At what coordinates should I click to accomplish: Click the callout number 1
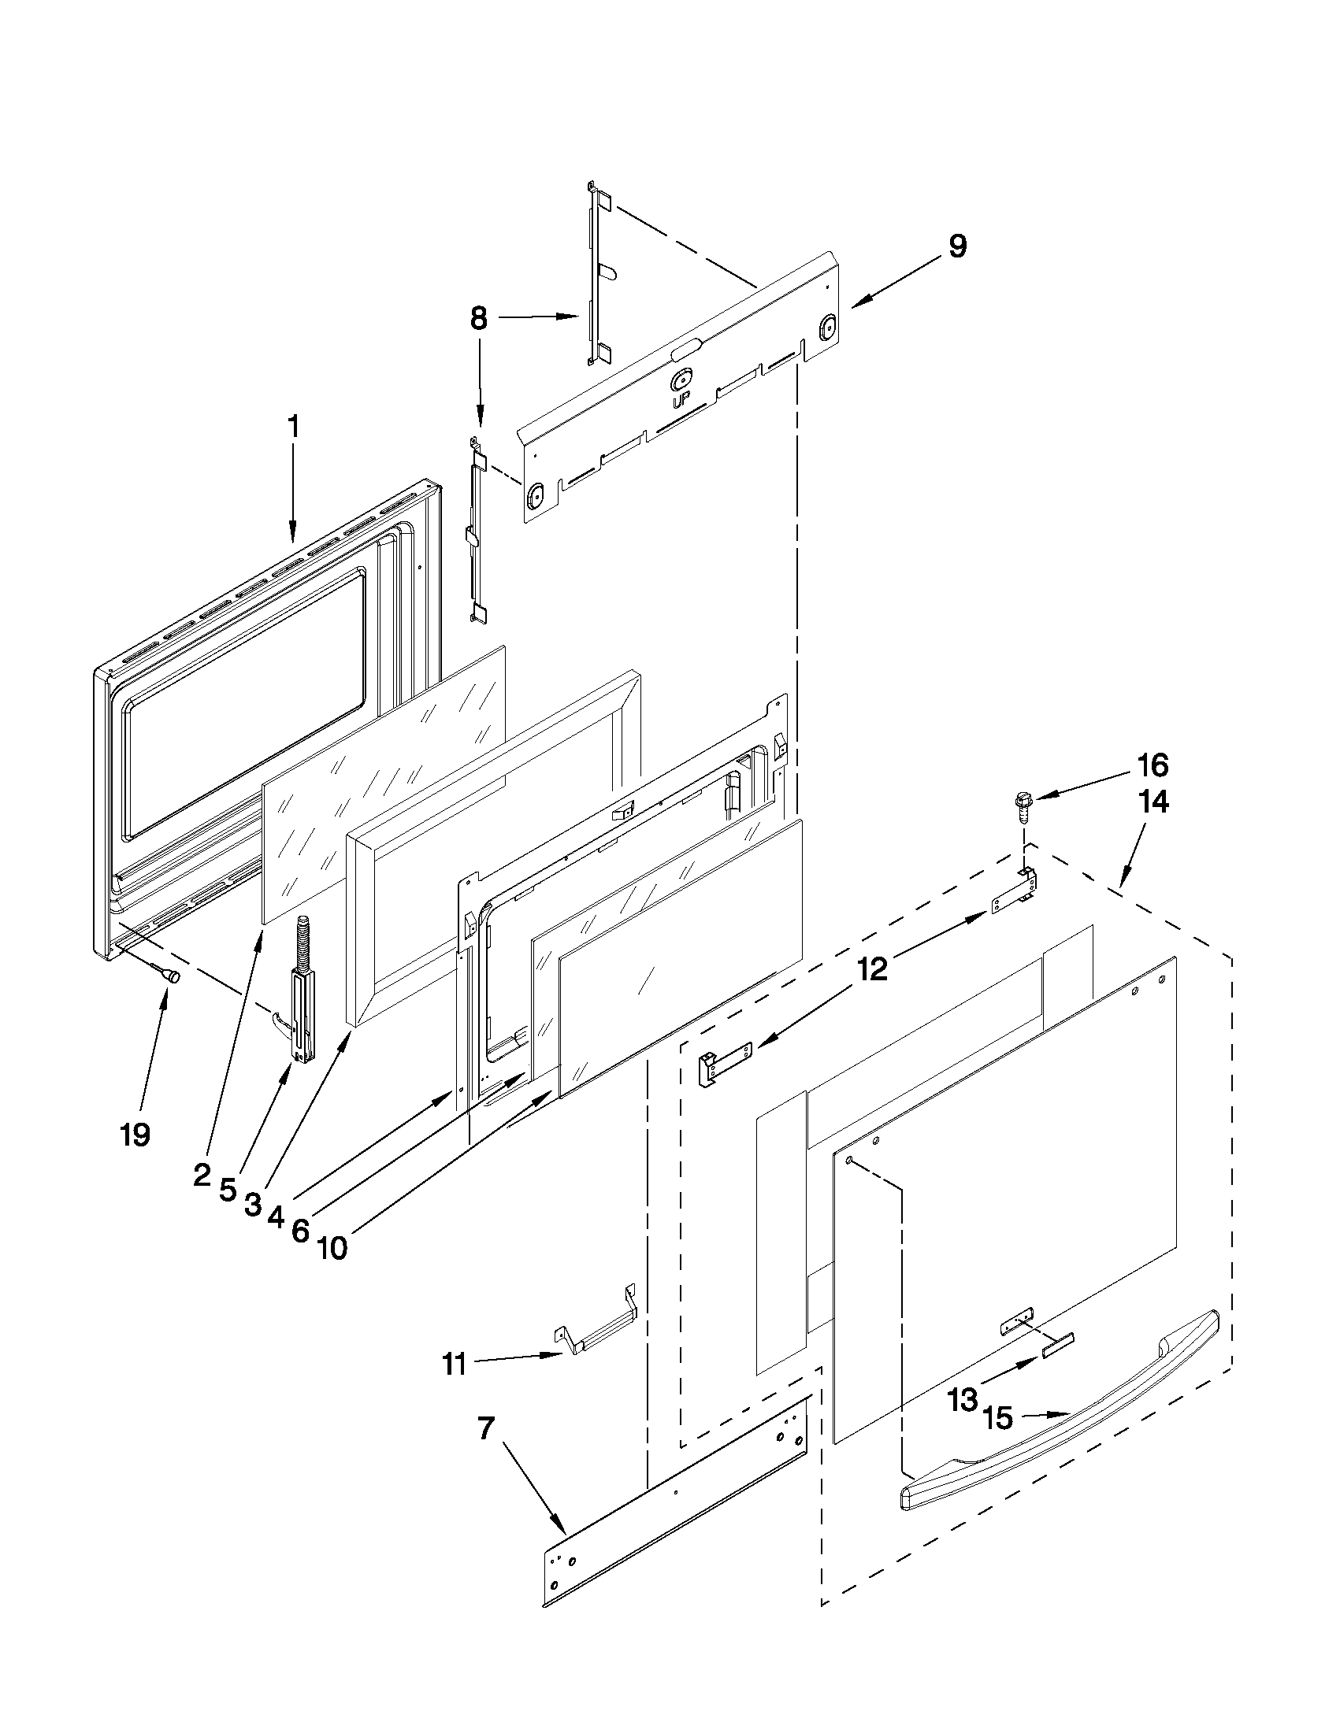293,427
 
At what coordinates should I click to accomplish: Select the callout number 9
957,246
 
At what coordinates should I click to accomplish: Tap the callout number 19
135,1135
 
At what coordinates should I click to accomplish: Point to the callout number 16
1153,766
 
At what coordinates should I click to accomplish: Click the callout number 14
1153,802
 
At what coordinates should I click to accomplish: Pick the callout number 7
486,1428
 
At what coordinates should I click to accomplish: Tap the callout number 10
332,1249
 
